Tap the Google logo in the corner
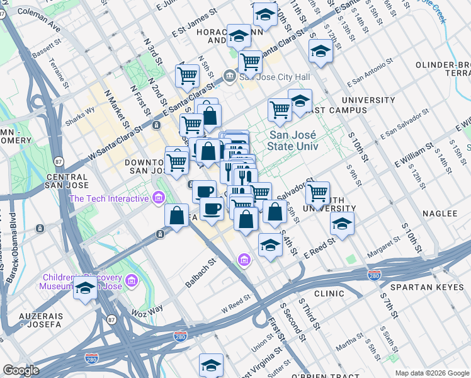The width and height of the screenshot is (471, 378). point(21,370)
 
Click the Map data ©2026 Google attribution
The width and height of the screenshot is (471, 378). point(431,373)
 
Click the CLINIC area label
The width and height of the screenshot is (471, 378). point(329,294)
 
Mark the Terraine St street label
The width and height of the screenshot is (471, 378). point(60,74)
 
